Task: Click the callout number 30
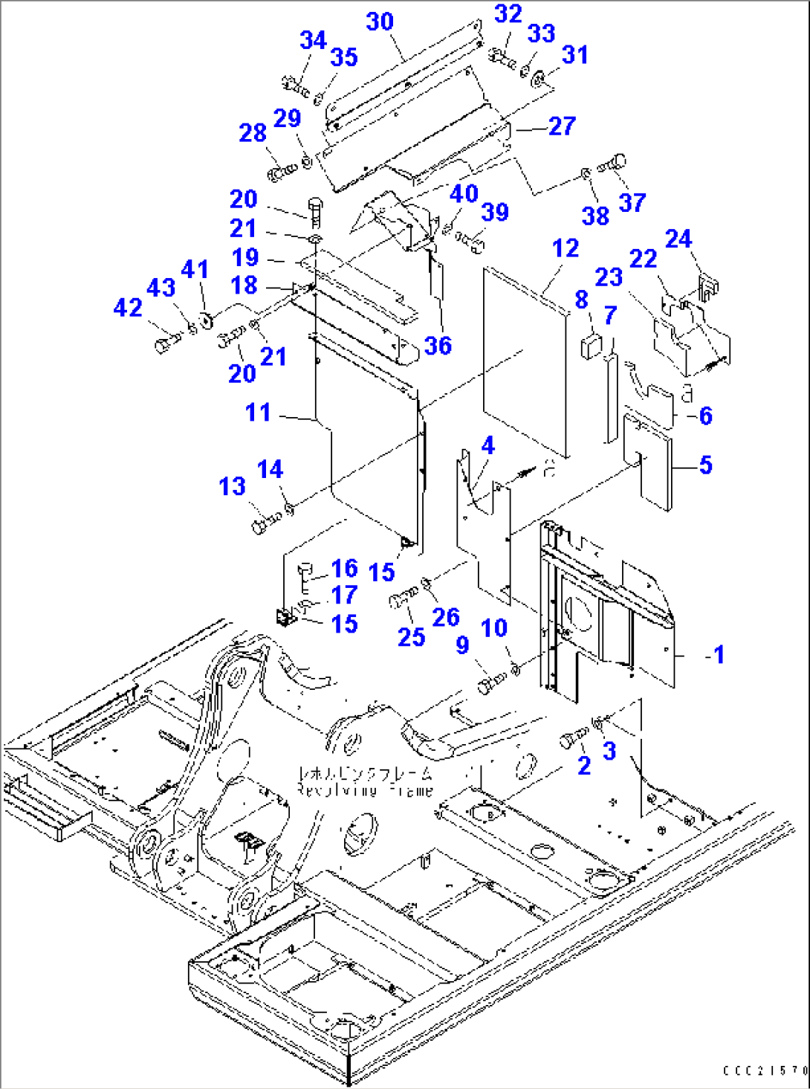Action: pos(380,22)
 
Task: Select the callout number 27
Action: pos(562,126)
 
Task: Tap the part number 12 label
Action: pos(566,248)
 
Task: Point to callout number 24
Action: pos(678,239)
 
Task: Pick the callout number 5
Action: pos(705,465)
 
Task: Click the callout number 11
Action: pos(258,412)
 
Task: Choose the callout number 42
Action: pos(128,307)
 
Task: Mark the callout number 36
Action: pos(438,346)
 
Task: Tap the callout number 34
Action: pos(313,41)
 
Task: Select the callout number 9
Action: pos(462,645)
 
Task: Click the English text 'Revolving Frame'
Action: pos(364,790)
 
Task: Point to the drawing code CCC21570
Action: pos(765,1070)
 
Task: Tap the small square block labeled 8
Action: pos(592,346)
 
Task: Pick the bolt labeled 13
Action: pos(265,521)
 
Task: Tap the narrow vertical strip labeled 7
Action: pos(611,398)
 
